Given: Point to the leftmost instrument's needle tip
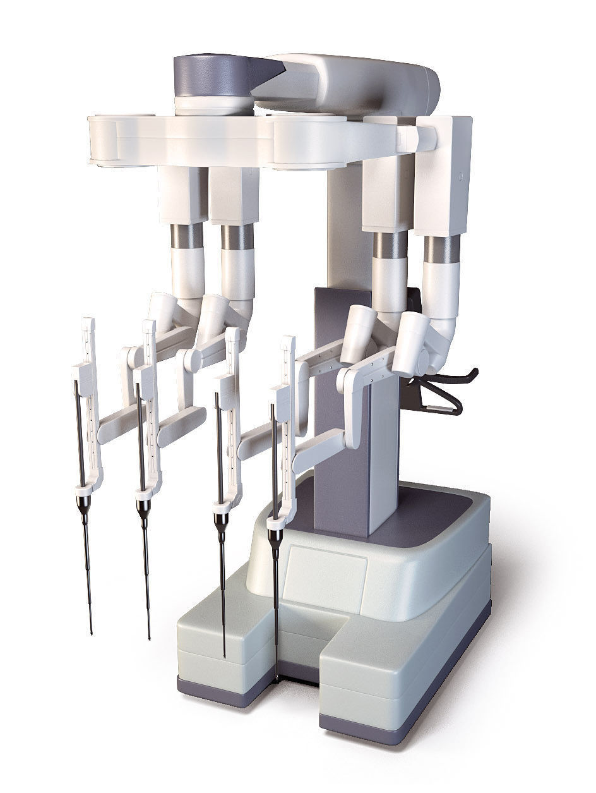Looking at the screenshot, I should (x=92, y=631).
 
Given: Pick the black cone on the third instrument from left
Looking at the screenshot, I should (x=221, y=523).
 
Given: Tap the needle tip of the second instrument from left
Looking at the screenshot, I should (x=149, y=637).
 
